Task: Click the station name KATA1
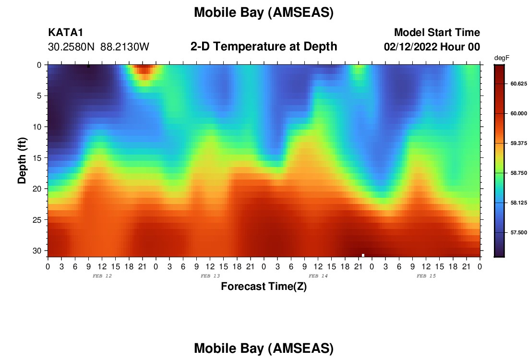click(66, 32)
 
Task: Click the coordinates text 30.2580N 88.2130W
click(98, 47)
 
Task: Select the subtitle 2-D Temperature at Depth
click(264, 47)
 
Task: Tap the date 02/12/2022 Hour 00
click(432, 47)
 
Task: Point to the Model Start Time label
click(437, 32)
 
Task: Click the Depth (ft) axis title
click(22, 160)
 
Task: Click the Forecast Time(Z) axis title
click(264, 286)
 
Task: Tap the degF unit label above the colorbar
click(502, 58)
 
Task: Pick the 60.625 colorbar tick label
click(518, 84)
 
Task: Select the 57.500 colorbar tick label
click(518, 232)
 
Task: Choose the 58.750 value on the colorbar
click(518, 173)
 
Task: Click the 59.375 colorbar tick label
click(518, 143)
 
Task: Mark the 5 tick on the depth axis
click(39, 96)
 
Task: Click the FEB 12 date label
click(102, 276)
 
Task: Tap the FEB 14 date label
click(318, 276)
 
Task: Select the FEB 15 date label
click(426, 276)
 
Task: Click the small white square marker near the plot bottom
click(363, 255)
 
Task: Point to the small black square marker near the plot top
click(89, 66)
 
